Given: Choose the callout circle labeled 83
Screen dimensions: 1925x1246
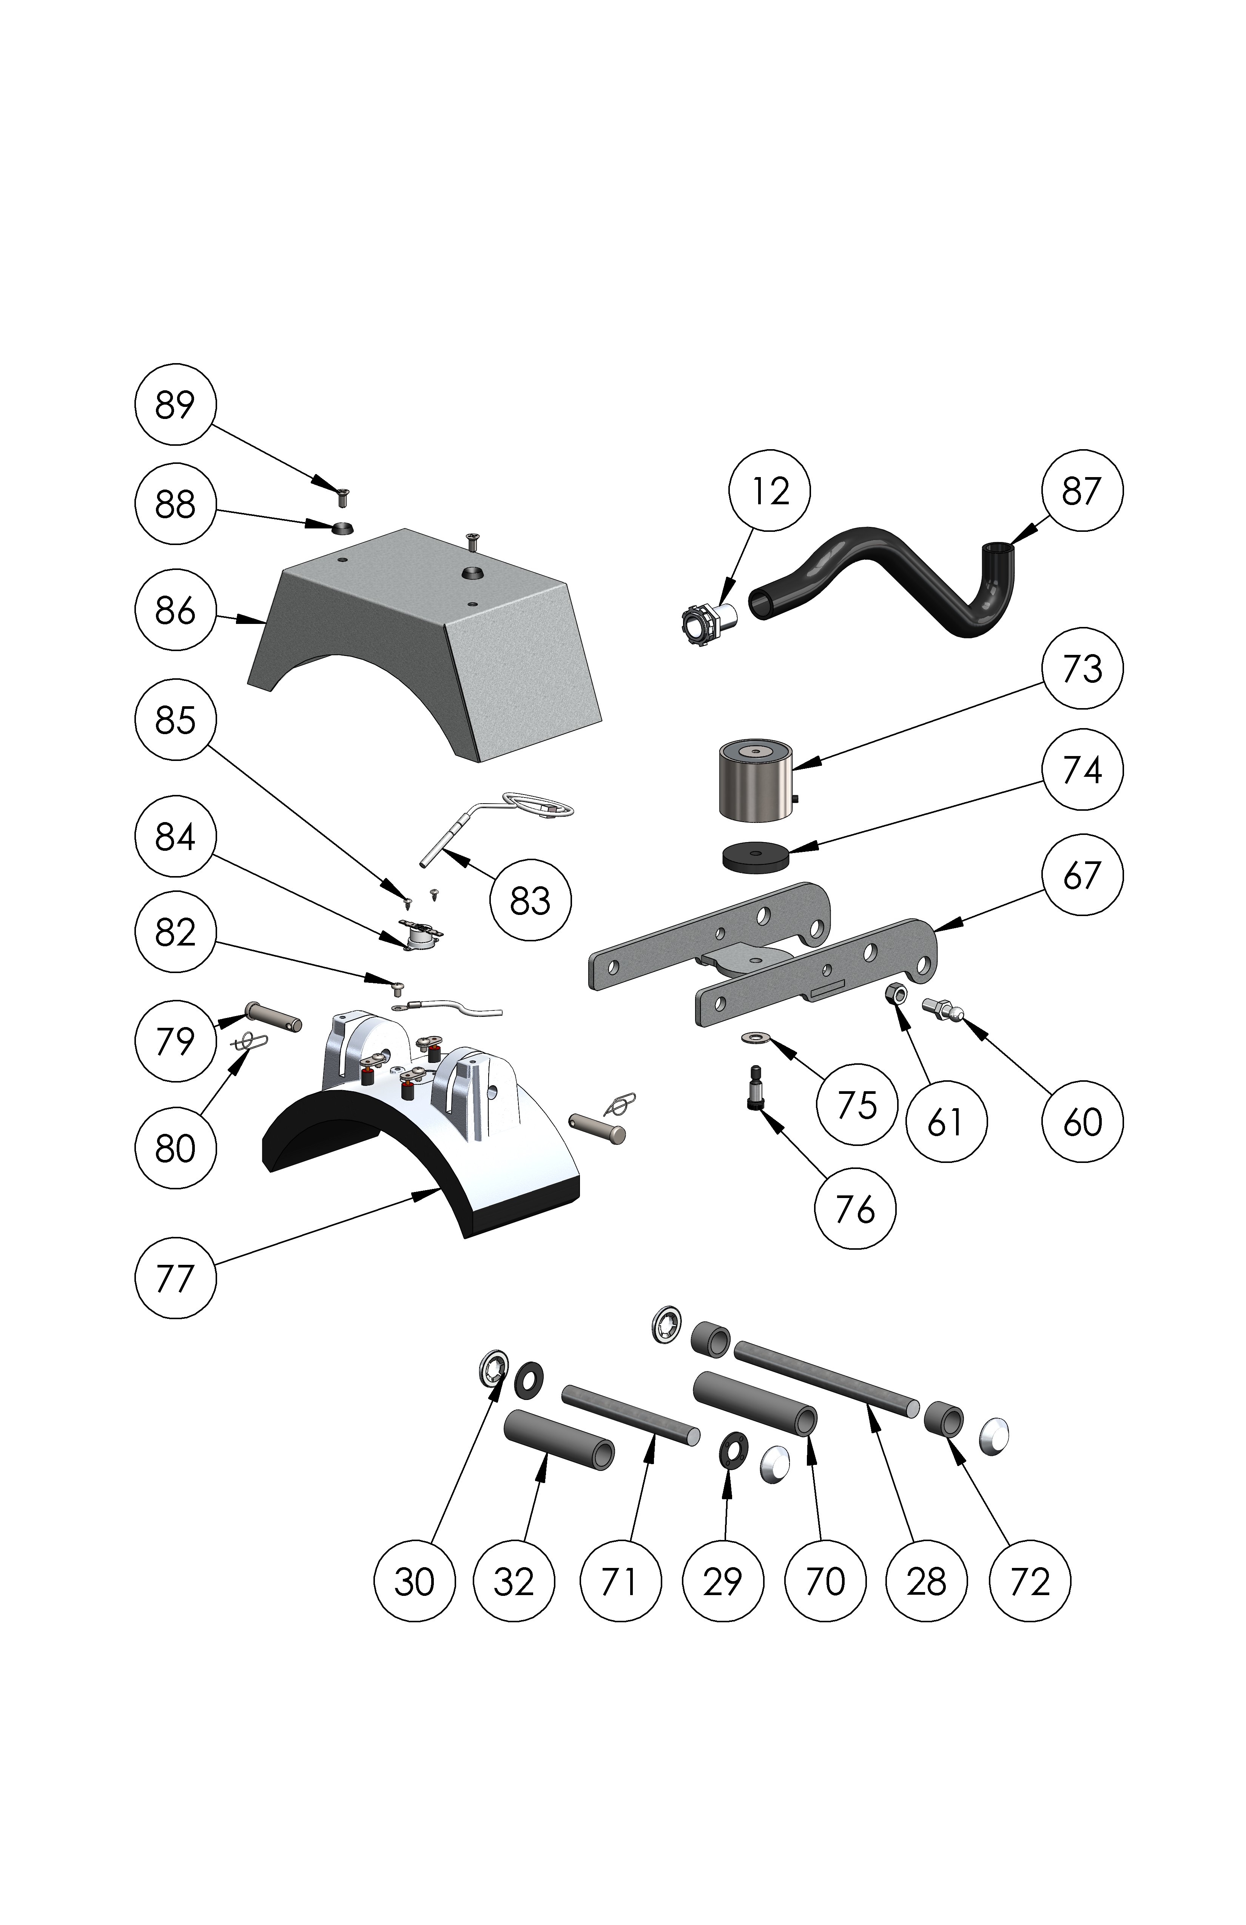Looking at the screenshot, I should [530, 900].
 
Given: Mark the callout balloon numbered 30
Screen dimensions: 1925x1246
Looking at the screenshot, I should [414, 1581].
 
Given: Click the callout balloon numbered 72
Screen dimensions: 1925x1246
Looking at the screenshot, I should [1029, 1581].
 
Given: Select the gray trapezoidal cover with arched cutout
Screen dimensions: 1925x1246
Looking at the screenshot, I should [429, 639].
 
